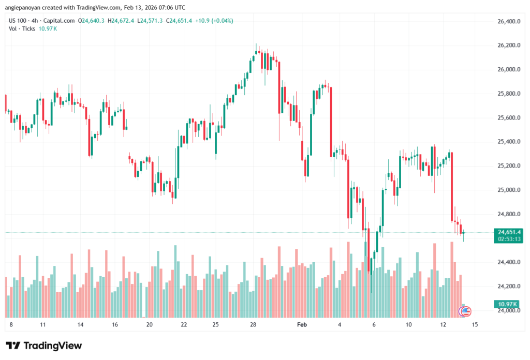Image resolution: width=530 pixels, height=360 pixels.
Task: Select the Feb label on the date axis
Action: coord(302,325)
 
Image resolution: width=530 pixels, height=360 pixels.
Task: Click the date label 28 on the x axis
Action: coord(253,325)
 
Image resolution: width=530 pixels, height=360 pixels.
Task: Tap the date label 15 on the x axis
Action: coord(475,325)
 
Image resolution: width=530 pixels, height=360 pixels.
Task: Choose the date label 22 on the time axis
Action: coord(184,325)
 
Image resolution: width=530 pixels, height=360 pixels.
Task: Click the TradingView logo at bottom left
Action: coord(43,346)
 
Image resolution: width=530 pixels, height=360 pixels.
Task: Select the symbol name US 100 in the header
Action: coord(17,21)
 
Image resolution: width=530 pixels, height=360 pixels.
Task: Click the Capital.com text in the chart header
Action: coord(59,21)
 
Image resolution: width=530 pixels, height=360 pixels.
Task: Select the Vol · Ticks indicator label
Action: coord(22,28)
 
